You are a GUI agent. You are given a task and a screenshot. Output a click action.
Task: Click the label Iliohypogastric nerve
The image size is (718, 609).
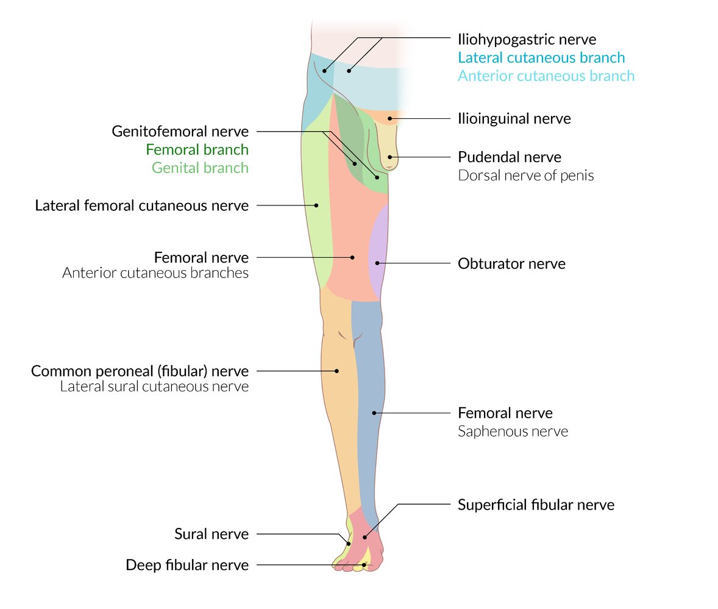527,40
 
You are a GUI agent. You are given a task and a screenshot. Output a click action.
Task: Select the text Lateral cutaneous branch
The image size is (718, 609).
541,58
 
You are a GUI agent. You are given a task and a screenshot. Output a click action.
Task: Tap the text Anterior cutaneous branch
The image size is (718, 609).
546,76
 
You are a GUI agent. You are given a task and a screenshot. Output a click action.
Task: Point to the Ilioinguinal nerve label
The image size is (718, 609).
514,118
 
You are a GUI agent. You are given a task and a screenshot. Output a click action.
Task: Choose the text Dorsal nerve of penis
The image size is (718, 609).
525,176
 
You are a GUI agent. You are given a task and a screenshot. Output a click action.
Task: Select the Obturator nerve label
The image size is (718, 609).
511,264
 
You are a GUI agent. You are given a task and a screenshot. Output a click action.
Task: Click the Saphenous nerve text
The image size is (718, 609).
513,432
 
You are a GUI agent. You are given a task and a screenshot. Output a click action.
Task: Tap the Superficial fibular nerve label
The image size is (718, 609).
536,505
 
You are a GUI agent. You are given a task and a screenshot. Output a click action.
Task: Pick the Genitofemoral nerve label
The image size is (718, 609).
180,131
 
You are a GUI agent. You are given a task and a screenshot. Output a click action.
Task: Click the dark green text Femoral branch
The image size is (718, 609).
197,149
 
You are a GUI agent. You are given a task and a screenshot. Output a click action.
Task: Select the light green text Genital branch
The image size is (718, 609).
200,168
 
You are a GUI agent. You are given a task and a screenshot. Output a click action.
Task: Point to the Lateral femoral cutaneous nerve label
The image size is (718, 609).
141,205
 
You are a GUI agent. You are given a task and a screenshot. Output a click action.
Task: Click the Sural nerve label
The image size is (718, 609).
211,534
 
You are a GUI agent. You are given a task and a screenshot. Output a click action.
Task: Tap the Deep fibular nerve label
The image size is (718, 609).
187,565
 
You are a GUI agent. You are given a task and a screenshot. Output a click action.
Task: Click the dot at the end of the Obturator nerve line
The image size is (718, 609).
377,263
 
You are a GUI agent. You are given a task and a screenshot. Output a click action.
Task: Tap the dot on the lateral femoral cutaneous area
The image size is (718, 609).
316,205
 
